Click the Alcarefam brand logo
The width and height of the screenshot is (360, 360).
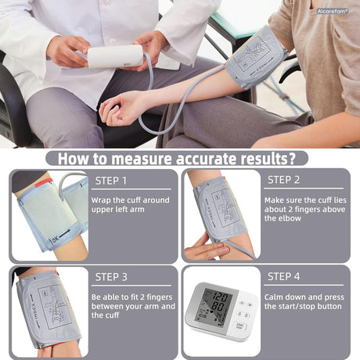pyautogui.click(x=334, y=12)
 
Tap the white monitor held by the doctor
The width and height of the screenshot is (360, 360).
pyautogui.click(x=115, y=56)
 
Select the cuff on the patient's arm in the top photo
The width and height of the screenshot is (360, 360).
pyautogui.click(x=255, y=57)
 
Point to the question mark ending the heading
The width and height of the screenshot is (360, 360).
pyautogui.click(x=291, y=159)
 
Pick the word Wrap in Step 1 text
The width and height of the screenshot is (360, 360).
pyautogui.click(x=103, y=201)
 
